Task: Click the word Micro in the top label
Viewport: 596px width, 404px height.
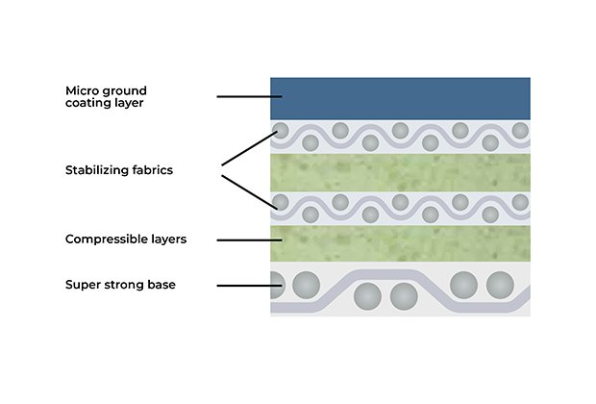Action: [x=81, y=90]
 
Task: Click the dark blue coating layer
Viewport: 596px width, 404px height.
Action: [x=400, y=98]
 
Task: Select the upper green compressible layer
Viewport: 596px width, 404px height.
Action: [x=400, y=171]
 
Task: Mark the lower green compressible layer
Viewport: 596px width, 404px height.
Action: [x=400, y=242]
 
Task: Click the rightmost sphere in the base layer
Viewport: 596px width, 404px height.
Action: [x=500, y=285]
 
